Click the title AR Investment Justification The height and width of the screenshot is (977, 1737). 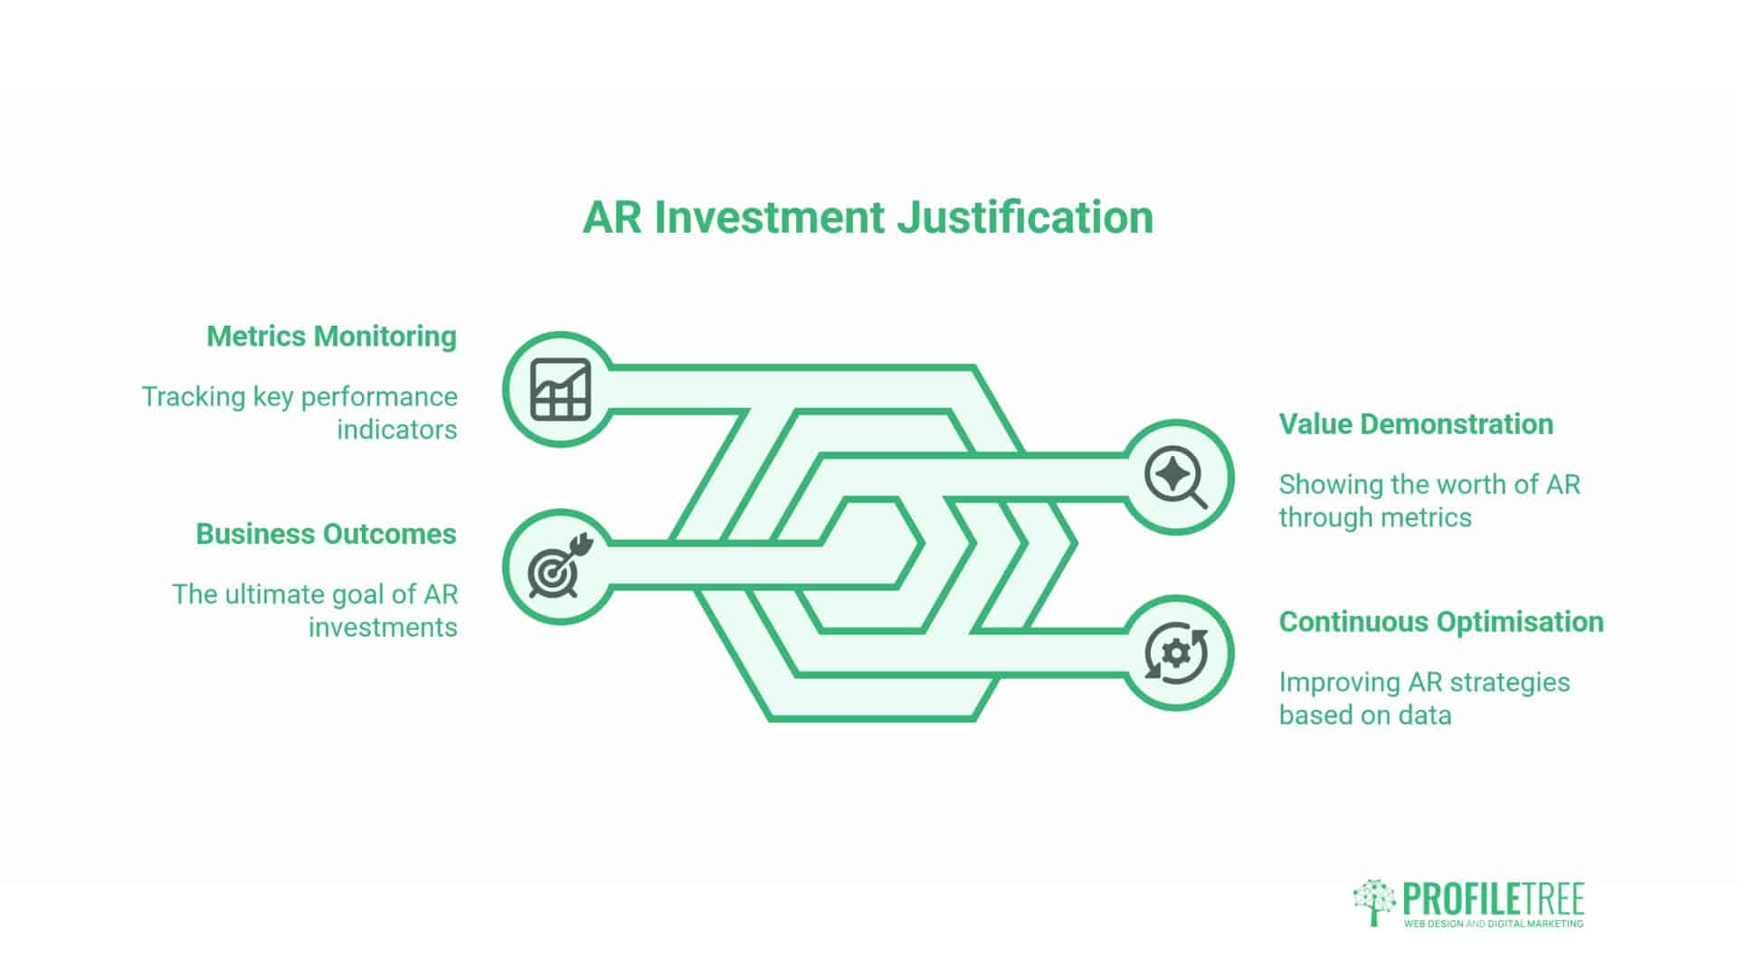tap(868, 217)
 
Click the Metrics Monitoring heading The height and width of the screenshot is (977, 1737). tap(331, 337)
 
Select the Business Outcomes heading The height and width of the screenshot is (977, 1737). tap(326, 535)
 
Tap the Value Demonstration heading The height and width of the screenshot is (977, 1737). tap(1416, 424)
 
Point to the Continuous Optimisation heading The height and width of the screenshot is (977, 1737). tap(1441, 622)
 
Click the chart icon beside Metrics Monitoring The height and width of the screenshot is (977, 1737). tap(560, 389)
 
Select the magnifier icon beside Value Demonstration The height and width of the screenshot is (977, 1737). tap(1175, 478)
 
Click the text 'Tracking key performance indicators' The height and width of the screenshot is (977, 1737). tap(300, 413)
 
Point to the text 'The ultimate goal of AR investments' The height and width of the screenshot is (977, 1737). tap(315, 611)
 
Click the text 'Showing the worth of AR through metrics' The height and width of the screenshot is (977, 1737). tap(1429, 501)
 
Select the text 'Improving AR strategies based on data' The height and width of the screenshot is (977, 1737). tap(1424, 698)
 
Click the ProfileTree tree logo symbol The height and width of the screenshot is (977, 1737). tap(1374, 902)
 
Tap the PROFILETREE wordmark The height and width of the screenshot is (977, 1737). tap(1493, 899)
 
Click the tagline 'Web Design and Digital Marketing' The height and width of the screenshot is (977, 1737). tap(1493, 924)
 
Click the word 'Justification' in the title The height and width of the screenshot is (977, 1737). tap(1025, 217)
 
